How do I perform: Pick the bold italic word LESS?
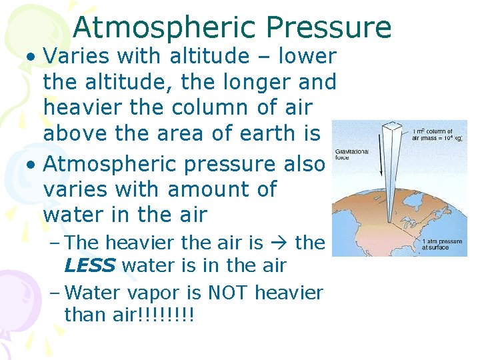(x=90, y=266)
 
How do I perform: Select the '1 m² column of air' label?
(x=432, y=135)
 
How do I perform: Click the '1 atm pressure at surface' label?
(x=442, y=244)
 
